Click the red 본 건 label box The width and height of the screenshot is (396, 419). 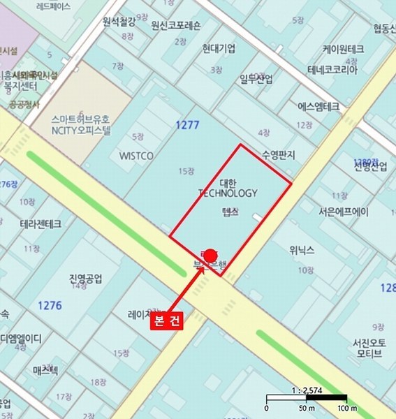click(x=166, y=323)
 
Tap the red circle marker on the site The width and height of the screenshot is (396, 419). click(x=210, y=255)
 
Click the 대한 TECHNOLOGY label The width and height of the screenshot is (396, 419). click(x=228, y=187)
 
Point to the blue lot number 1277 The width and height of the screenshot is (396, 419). click(x=189, y=125)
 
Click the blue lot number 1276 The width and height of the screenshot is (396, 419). click(x=50, y=305)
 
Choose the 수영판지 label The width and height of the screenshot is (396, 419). click(x=279, y=154)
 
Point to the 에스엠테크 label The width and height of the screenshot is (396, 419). click(x=318, y=107)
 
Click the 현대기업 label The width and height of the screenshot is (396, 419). click(x=219, y=48)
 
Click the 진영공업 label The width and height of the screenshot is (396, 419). click(x=86, y=279)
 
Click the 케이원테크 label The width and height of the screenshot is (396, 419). click(x=343, y=50)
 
